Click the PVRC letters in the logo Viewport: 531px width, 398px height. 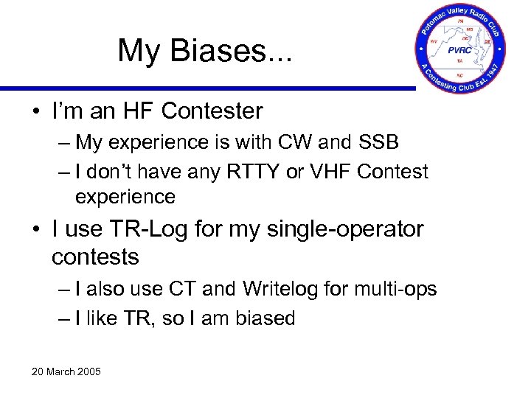(462, 51)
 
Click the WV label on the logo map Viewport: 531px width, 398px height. (434, 42)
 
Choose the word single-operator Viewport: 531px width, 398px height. (339, 229)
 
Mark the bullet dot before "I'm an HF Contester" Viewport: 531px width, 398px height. (36, 112)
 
